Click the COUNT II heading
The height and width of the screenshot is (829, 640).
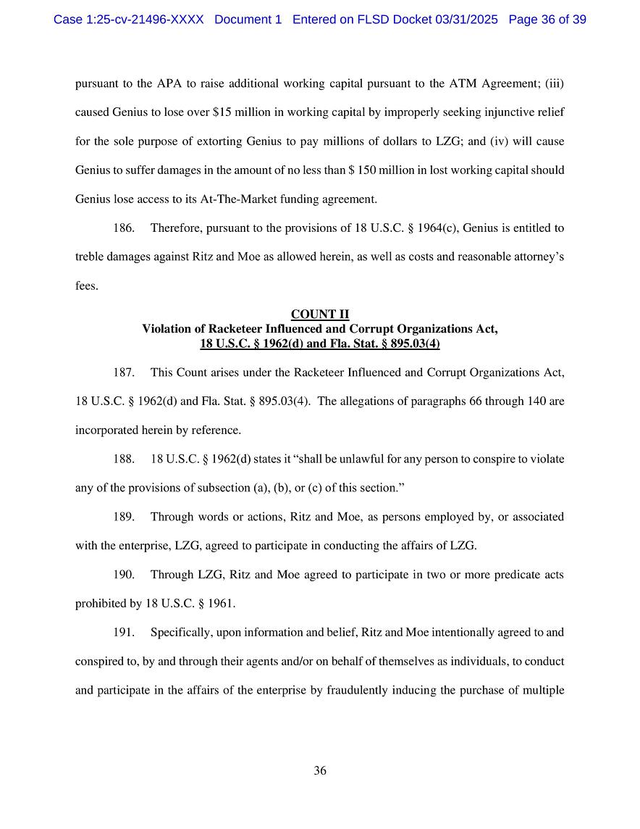pyautogui.click(x=319, y=314)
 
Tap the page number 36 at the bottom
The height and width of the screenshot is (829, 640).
pyautogui.click(x=320, y=771)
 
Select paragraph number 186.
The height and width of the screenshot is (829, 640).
pyautogui.click(x=124, y=228)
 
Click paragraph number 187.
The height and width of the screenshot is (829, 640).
pyautogui.click(x=124, y=372)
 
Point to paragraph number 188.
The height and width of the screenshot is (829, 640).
pyautogui.click(x=124, y=459)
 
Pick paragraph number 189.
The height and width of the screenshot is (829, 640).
pyautogui.click(x=124, y=517)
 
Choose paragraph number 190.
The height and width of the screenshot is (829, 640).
pyautogui.click(x=124, y=575)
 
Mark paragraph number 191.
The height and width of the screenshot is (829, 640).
pyautogui.click(x=124, y=633)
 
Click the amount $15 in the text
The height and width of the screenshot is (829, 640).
pyautogui.click(x=221, y=112)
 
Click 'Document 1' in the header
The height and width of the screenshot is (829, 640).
pyautogui.click(x=248, y=20)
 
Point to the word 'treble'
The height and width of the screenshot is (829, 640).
pyautogui.click(x=90, y=257)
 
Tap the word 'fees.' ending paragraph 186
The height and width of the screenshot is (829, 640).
pyautogui.click(x=87, y=286)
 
